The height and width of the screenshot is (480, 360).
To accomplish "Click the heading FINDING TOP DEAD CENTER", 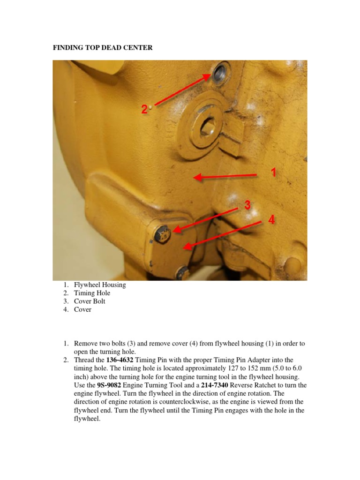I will pos(102,48).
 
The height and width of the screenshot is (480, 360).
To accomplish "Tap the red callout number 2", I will pos(144,109).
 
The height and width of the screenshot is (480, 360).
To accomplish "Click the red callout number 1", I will pos(273,173).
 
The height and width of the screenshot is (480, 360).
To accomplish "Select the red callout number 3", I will pos(247,205).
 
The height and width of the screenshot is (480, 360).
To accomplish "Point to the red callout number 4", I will pos(271,219).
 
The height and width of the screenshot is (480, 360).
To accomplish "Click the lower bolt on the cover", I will pos(183,271).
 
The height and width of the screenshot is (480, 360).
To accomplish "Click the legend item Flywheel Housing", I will pos(100,285).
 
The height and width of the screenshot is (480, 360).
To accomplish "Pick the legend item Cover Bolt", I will pos(90,301).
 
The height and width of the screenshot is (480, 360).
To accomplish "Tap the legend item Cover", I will pos(82,309).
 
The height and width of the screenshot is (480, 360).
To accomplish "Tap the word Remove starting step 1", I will pos(85,343).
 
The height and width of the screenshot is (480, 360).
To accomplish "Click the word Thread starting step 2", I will pos(84,360).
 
